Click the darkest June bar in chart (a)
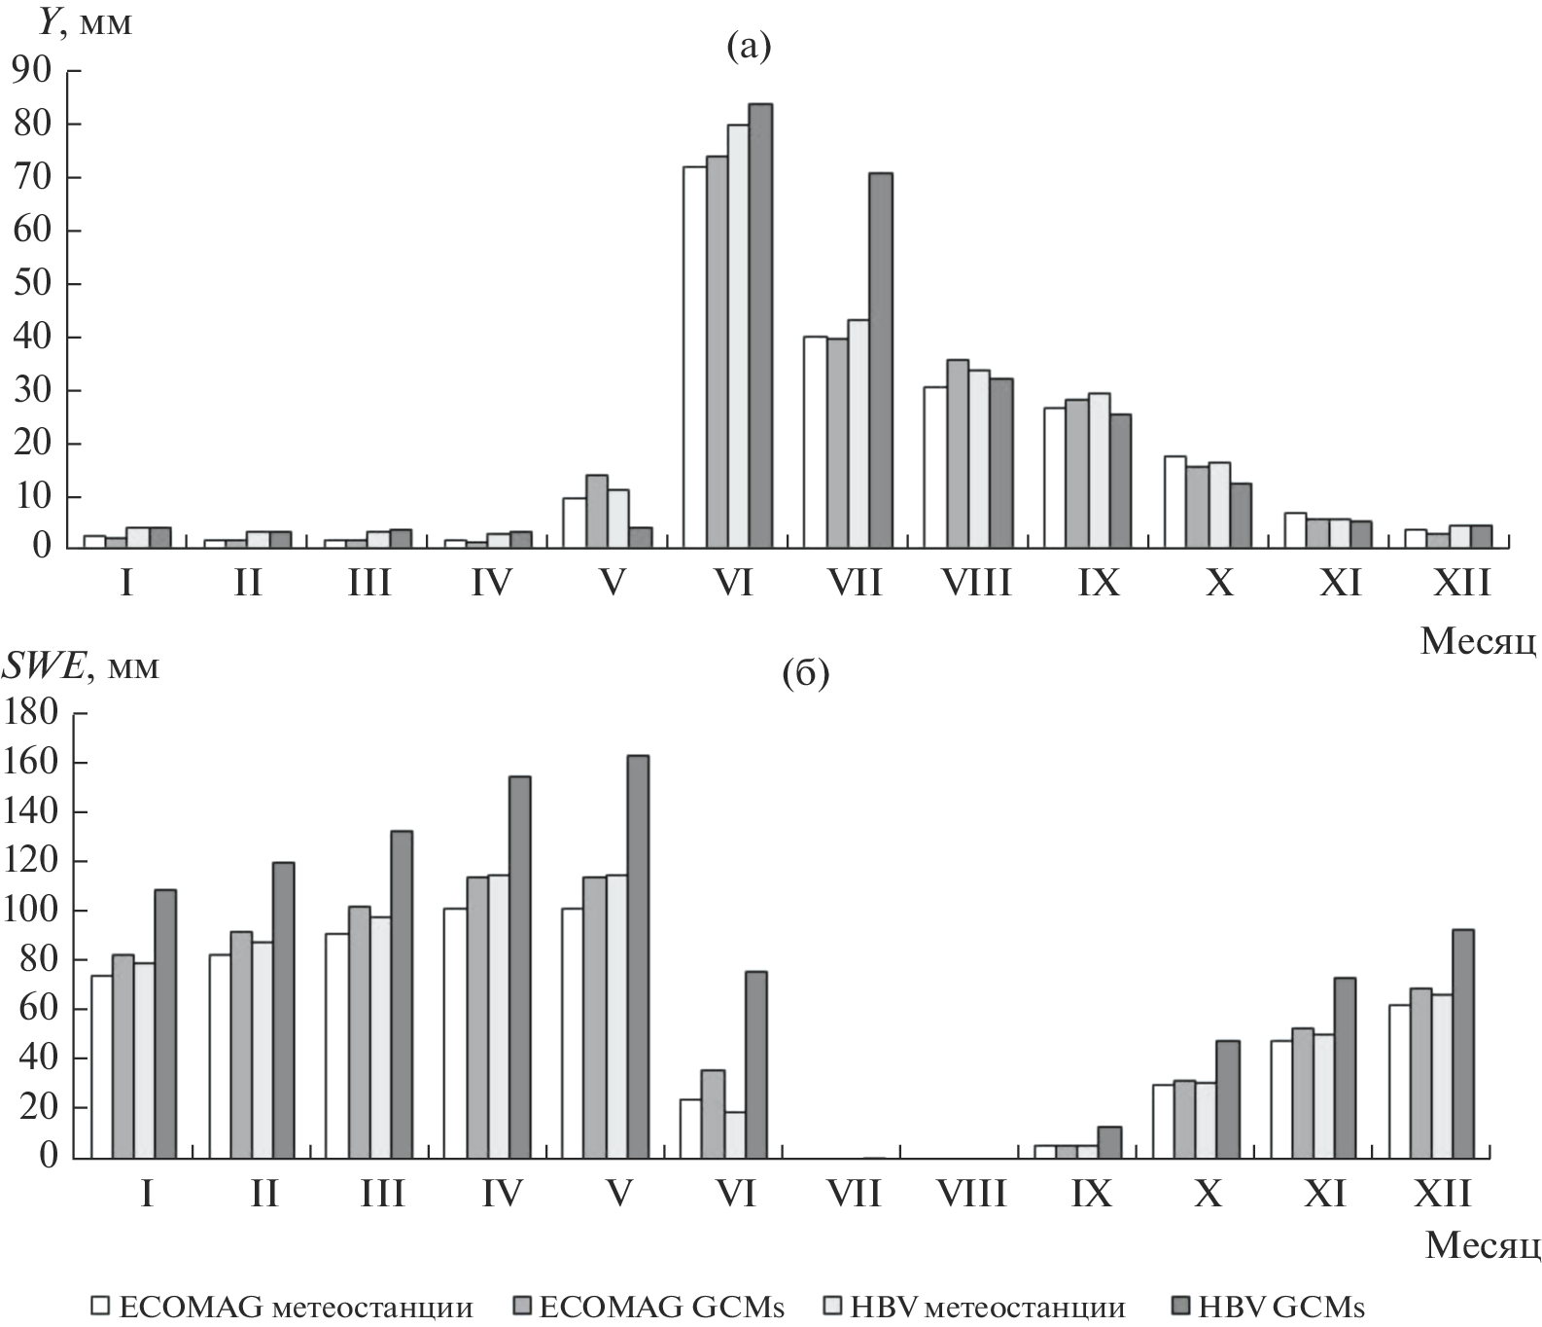[760, 326]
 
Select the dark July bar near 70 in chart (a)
[881, 360]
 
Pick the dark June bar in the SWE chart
[755, 1064]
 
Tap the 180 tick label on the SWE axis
[32, 713]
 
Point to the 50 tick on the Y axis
[32, 284]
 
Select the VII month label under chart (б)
[854, 1192]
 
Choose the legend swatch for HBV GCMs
[1184, 1305]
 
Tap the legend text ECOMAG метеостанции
[296, 1307]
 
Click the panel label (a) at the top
[749, 46]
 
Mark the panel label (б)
[805, 673]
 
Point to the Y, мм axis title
[85, 22]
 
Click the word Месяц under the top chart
[1478, 640]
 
